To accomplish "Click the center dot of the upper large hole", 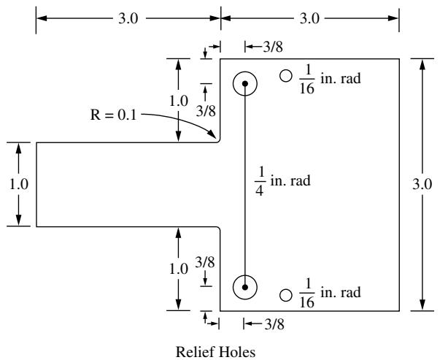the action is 245,83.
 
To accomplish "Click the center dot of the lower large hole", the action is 245,287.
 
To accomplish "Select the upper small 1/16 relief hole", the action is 286,76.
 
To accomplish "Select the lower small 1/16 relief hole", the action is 286,295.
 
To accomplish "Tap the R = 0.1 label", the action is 113,115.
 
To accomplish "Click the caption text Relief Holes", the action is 215,352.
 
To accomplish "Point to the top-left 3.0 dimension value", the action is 128,19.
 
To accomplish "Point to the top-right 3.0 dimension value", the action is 309,19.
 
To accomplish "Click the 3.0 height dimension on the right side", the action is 422,185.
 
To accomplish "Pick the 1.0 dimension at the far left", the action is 19,185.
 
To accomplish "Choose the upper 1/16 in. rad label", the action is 330,79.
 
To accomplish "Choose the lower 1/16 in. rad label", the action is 330,293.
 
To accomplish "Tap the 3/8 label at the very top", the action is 273,47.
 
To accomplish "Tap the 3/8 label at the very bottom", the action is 274,324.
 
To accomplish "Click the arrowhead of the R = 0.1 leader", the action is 212,134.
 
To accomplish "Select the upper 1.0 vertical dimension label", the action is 179,101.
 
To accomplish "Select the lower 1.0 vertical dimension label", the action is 179,269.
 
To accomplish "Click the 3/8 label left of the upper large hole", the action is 206,111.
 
